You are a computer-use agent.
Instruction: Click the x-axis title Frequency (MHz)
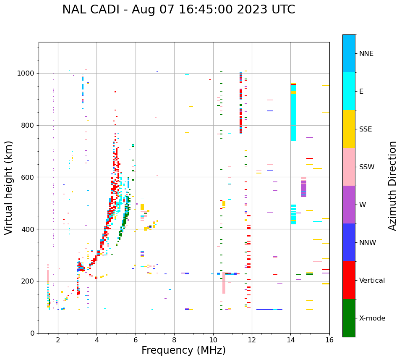point(183,350)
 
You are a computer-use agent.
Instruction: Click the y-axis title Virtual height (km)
point(9,187)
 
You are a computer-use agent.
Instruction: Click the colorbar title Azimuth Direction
point(392,185)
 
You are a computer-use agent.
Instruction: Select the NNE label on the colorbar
point(366,54)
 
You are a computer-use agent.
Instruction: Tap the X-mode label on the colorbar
point(372,318)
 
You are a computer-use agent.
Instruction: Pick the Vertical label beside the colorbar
point(372,281)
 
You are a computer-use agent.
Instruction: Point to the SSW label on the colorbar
point(366,167)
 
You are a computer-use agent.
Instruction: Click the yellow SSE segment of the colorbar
point(349,129)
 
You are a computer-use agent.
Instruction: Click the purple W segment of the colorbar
point(349,205)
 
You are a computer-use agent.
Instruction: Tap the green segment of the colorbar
point(349,318)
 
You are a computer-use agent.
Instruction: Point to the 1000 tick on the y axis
point(26,73)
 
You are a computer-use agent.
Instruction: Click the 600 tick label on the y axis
point(28,177)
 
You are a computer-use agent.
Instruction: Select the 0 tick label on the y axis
point(32,333)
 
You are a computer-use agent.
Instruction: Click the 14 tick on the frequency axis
point(290,340)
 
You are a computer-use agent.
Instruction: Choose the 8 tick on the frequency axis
point(174,340)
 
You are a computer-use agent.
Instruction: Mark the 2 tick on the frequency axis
point(58,340)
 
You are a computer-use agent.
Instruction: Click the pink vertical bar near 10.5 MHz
point(224,284)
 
